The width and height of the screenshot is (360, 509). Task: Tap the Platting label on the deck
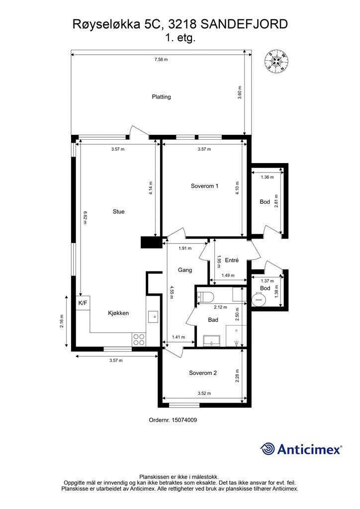coord(161,97)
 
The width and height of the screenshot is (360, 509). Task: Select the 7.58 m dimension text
coord(161,60)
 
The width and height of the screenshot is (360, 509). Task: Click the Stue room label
coord(118,212)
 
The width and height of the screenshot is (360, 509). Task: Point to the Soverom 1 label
coord(204,186)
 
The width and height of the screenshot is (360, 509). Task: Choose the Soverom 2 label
coord(203,373)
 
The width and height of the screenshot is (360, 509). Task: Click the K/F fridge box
coord(83,303)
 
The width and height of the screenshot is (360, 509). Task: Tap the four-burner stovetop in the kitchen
coord(139,339)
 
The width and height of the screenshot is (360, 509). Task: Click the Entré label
coord(232,260)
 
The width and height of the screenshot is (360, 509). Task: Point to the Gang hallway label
coord(185,270)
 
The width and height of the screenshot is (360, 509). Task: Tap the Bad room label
coord(213,320)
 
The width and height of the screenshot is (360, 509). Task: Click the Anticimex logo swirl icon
coord(268,449)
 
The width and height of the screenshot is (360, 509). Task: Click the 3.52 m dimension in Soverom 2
coord(204,393)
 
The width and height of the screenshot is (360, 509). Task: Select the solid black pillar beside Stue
coord(151,243)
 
